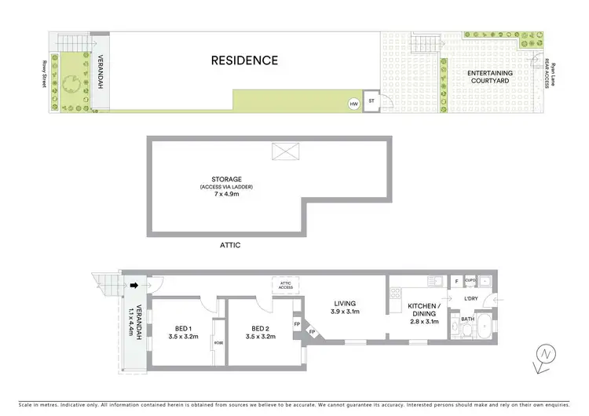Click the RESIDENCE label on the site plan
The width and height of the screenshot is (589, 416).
click(243, 60)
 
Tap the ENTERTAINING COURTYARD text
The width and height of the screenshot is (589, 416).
click(491, 77)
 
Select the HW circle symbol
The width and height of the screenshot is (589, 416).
click(353, 104)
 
